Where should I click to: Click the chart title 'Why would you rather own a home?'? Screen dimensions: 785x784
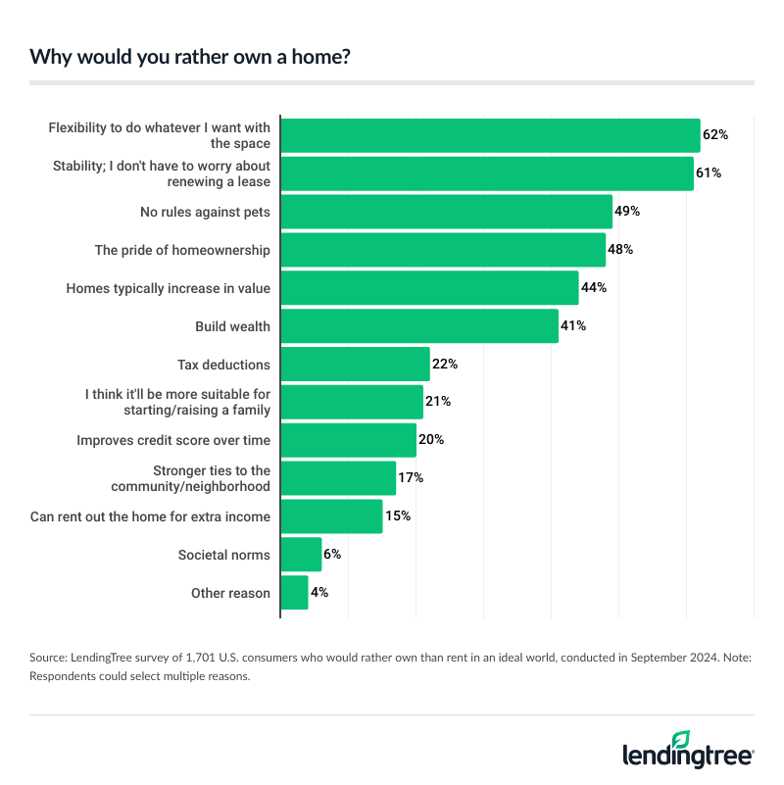(191, 56)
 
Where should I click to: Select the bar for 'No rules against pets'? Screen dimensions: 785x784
(447, 212)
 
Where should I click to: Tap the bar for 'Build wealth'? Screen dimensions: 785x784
(419, 325)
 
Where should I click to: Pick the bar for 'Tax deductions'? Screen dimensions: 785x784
(356, 365)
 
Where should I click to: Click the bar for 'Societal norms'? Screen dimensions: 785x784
(301, 555)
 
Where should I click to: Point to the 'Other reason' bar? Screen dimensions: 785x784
(294, 593)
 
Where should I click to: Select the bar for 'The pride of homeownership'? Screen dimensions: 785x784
(443, 250)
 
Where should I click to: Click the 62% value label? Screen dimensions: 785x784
(715, 135)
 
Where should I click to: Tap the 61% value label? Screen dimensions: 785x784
(709, 173)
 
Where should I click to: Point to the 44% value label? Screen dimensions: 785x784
(594, 288)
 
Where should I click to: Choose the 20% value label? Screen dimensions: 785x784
(431, 440)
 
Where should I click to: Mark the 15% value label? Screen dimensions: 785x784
(397, 516)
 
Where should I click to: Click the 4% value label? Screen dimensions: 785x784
(319, 593)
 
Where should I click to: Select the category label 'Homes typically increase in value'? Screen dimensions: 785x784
(168, 288)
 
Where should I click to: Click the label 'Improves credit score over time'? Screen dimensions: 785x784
(173, 440)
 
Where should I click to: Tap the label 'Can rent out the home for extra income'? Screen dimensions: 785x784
(151, 516)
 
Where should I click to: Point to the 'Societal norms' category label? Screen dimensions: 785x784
(223, 555)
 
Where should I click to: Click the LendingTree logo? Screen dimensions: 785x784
(688, 750)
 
